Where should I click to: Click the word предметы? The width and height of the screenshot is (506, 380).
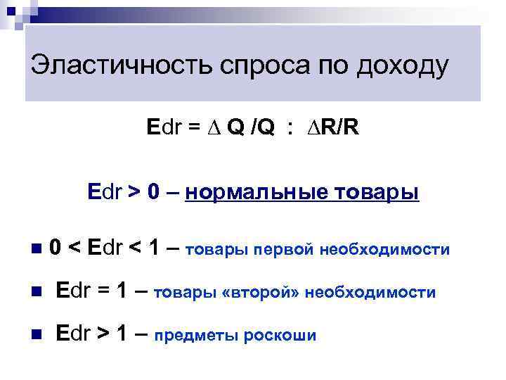[x=196, y=335]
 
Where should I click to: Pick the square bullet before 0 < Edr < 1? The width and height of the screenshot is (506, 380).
[x=37, y=248]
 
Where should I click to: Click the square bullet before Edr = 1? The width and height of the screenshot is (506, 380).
[x=37, y=291]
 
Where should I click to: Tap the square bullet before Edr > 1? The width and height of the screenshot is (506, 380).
[x=37, y=334]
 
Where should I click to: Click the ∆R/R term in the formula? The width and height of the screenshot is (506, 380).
[x=331, y=128]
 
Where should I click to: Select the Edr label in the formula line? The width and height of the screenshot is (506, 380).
[x=164, y=128]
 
